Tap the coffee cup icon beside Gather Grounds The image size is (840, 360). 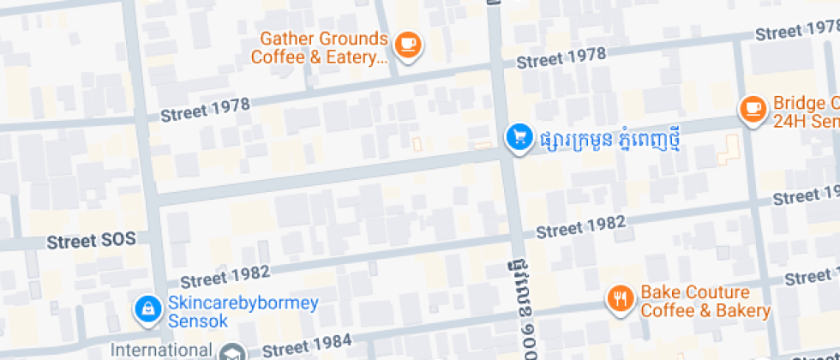pos(409,44)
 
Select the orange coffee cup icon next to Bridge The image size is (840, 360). pos(753,108)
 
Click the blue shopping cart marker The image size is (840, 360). pos(518,136)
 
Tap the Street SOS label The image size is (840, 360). pos(92,240)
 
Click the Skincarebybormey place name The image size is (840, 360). pos(243,303)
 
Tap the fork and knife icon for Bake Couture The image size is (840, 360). pos(619,298)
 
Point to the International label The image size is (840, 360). pos(162,350)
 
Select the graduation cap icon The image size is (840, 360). pos(231,351)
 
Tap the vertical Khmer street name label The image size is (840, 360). pos(515,303)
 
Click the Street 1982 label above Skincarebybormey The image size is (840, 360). pos(225,276)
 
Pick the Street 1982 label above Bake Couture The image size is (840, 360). pos(580,228)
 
